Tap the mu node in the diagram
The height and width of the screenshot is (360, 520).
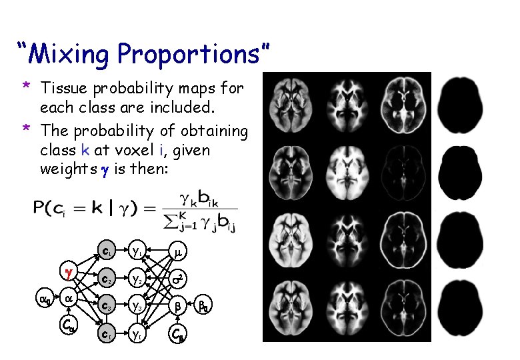pyautogui.click(x=177, y=252)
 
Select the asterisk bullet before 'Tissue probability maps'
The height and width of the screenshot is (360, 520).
pyautogui.click(x=25, y=87)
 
